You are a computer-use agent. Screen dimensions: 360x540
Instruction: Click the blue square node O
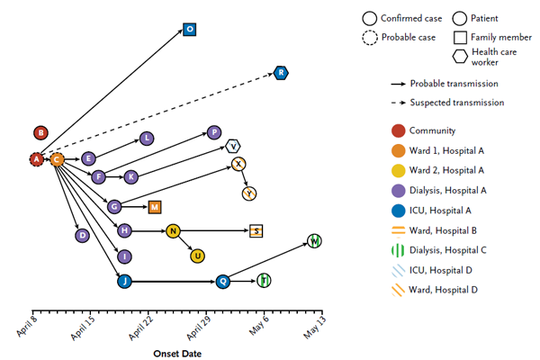pyautogui.click(x=190, y=30)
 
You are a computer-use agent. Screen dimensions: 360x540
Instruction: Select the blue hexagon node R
pyautogui.click(x=282, y=72)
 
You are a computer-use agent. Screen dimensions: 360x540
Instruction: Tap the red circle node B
pyautogui.click(x=40, y=133)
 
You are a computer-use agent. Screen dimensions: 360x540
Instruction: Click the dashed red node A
pyautogui.click(x=36, y=159)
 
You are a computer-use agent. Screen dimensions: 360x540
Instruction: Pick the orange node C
pyautogui.click(x=57, y=159)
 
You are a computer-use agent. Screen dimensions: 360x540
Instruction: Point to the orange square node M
pyautogui.click(x=155, y=207)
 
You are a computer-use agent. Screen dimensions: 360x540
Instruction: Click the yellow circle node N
pyautogui.click(x=174, y=231)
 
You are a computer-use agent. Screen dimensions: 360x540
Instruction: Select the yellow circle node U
pyautogui.click(x=197, y=256)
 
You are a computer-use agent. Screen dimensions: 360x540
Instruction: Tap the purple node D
pyautogui.click(x=82, y=235)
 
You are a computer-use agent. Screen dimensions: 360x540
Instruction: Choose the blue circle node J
pyautogui.click(x=125, y=282)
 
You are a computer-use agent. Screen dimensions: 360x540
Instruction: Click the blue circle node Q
pyautogui.click(x=223, y=282)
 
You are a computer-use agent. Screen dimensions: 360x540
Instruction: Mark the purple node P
pyautogui.click(x=213, y=132)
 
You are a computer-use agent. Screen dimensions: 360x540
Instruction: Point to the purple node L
pyautogui.click(x=147, y=139)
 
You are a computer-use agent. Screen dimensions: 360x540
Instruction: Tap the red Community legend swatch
pyautogui.click(x=396, y=130)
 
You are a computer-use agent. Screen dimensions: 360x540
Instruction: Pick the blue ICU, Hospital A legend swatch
pyautogui.click(x=396, y=210)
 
